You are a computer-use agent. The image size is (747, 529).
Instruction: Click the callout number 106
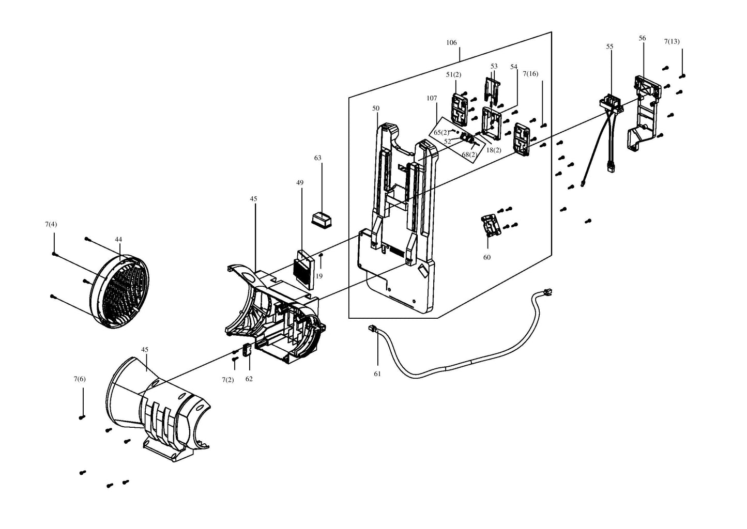[451, 43]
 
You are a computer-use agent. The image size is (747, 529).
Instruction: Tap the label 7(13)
[672, 41]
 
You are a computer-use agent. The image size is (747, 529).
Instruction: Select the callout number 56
[642, 38]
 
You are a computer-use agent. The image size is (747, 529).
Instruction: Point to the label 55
[609, 46]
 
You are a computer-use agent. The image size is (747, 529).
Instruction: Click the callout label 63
[317, 158]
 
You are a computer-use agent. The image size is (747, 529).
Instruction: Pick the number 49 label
[300, 182]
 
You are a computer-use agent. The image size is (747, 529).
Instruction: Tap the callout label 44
[118, 239]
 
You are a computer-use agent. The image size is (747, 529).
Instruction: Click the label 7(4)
[51, 224]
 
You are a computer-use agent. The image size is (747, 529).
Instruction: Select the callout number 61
[377, 374]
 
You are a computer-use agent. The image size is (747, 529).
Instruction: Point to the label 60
[486, 257]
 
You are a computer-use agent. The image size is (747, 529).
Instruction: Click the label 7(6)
[80, 379]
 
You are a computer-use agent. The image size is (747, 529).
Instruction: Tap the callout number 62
[249, 379]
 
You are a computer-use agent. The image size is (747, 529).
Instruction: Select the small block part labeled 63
[322, 219]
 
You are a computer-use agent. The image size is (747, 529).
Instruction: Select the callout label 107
[432, 98]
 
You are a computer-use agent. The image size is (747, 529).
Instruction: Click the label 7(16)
[530, 74]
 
